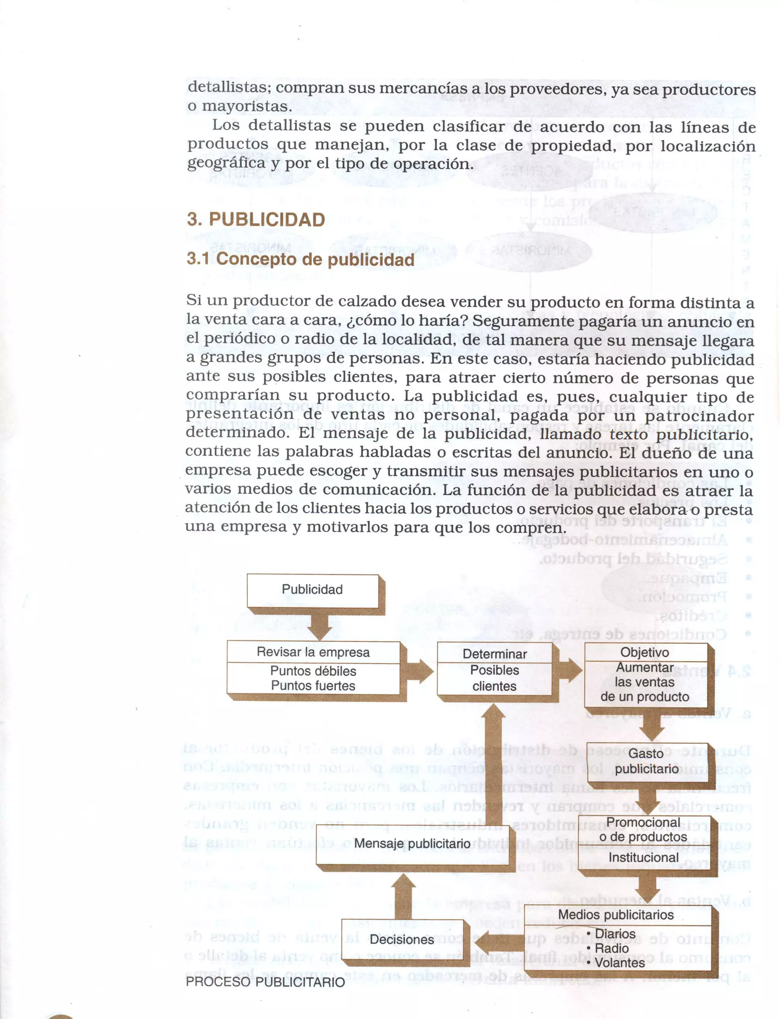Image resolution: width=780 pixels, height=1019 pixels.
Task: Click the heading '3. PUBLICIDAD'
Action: tap(256, 220)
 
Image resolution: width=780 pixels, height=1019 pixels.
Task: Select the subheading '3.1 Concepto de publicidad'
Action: tap(300, 259)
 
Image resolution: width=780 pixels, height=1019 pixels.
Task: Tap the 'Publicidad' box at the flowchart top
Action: tap(312, 590)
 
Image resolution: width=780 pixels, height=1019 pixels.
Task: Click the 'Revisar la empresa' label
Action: tap(313, 652)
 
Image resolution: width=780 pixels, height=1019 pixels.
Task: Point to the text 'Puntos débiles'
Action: tap(313, 671)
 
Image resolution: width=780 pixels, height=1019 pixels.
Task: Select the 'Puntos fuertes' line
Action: tap(313, 686)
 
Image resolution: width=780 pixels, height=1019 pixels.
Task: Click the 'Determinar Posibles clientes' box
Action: tap(495, 670)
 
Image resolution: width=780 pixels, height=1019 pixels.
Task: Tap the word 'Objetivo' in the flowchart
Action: tap(645, 652)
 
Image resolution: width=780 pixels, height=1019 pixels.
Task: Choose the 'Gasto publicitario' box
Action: tap(647, 761)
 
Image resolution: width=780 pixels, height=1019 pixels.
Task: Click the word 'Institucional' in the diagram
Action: tap(644, 857)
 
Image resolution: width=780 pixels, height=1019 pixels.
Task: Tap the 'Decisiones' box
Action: tap(402, 940)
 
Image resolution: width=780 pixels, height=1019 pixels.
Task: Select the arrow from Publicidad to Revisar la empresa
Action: tap(320, 625)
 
